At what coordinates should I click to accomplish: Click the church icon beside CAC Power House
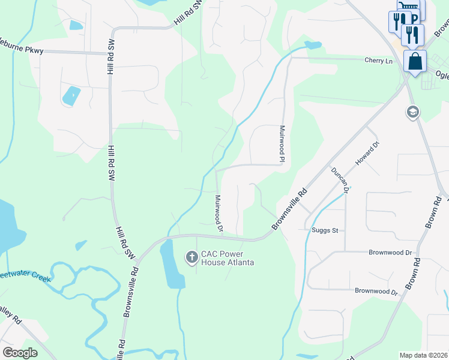[x=191, y=258]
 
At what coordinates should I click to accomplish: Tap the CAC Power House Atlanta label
[x=228, y=258]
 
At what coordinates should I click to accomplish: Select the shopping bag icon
[x=415, y=61]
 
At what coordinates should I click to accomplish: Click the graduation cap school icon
[x=412, y=112]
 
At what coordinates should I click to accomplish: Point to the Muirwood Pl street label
[x=282, y=144]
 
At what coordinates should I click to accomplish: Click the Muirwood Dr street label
[x=218, y=213]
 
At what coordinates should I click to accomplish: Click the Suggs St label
[x=325, y=230]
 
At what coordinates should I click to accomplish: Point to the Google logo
[x=20, y=352]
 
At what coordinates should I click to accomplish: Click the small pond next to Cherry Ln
[x=313, y=45]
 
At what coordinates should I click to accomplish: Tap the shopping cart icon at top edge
[x=408, y=5]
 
